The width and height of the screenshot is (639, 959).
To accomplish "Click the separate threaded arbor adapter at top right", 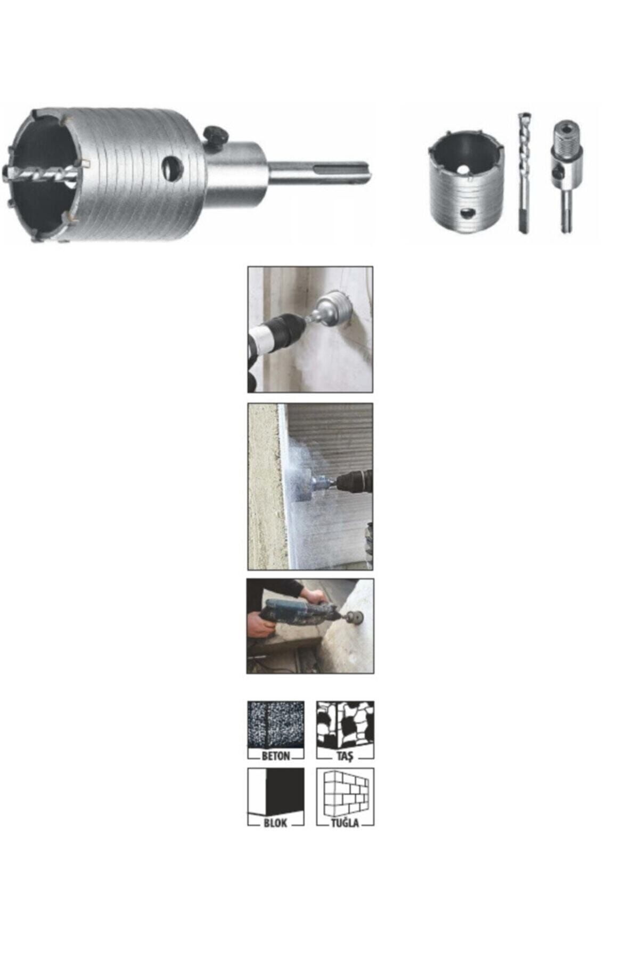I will point(564,170).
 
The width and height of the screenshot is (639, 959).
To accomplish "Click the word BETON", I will point(276,756).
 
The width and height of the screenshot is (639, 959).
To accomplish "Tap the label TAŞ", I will point(345,756).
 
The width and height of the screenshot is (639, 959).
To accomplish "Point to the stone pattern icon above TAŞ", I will point(345,725).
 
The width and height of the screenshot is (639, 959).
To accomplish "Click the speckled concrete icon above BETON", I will point(276,725).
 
